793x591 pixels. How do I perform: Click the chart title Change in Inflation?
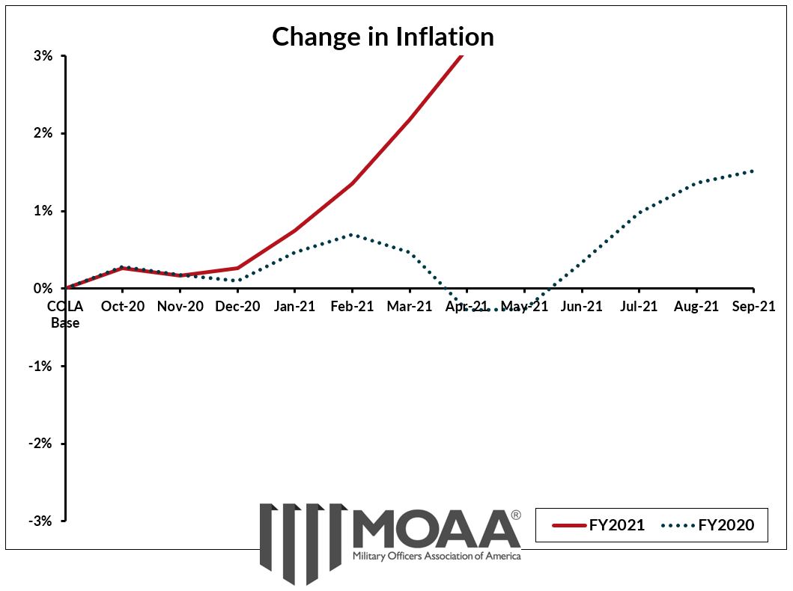(383, 36)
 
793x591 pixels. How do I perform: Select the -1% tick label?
(42, 366)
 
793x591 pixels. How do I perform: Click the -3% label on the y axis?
(42, 521)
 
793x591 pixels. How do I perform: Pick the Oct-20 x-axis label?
(123, 306)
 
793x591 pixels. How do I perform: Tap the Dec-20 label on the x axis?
(237, 306)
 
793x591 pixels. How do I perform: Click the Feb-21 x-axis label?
(352, 306)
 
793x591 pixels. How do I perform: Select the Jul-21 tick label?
(639, 306)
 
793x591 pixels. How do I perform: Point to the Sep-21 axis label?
(753, 306)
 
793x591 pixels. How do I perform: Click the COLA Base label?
(65, 314)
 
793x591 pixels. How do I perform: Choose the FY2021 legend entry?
(599, 525)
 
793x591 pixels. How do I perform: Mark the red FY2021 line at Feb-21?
(352, 183)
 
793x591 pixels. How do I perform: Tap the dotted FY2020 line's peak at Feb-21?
(352, 234)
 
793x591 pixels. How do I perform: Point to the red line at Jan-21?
(295, 230)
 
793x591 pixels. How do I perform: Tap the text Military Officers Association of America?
(437, 557)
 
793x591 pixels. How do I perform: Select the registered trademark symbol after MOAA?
(516, 515)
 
